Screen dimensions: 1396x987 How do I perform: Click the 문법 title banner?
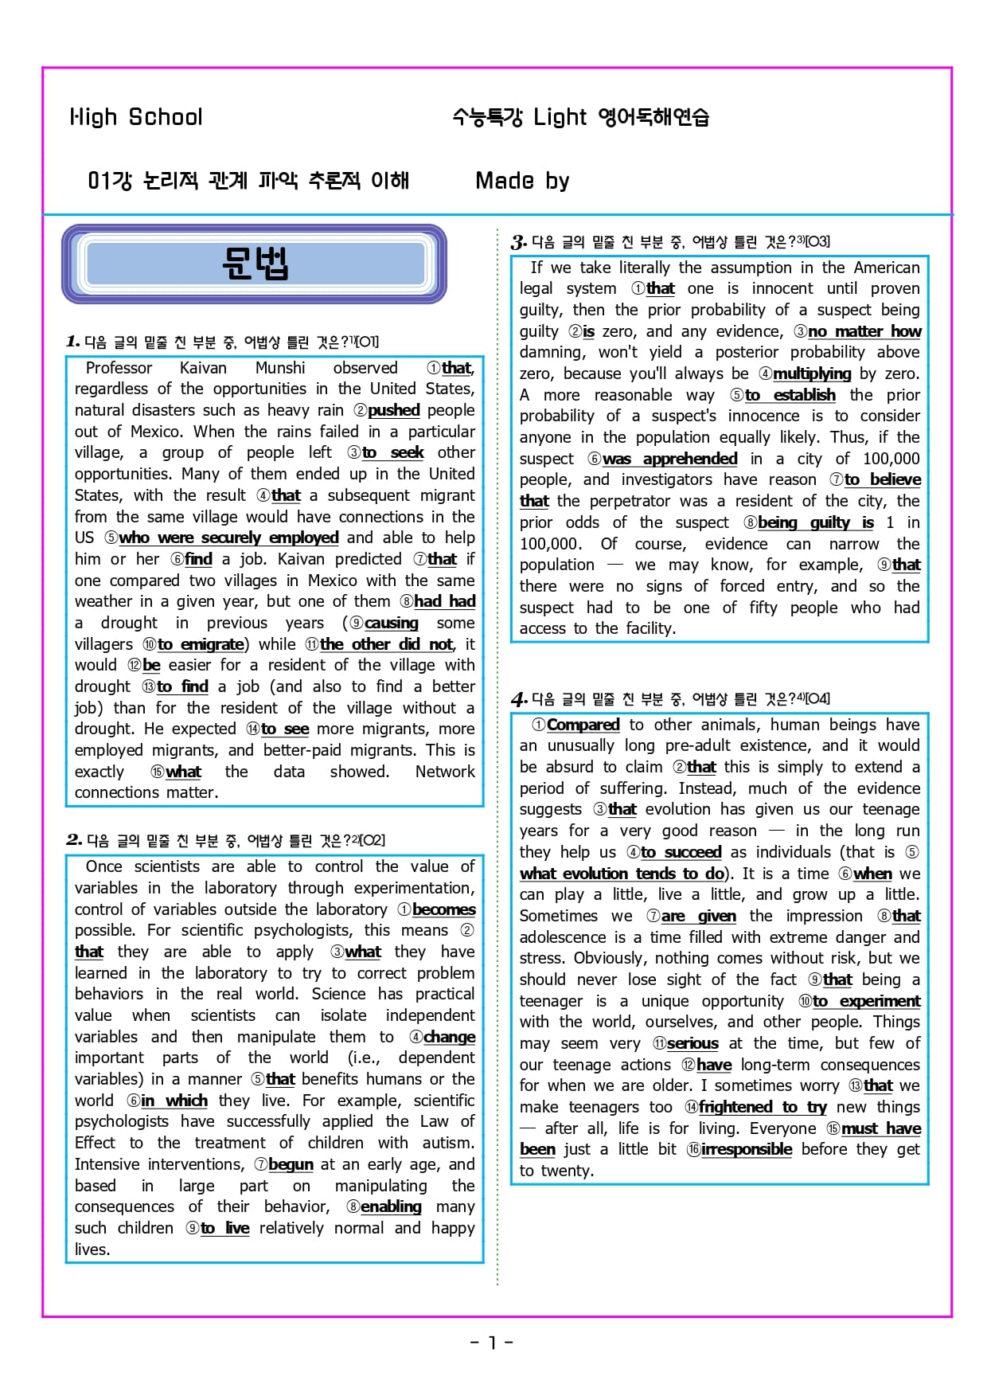[255, 264]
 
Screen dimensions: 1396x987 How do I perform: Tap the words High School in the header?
[136, 117]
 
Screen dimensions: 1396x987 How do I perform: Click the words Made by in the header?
[522, 181]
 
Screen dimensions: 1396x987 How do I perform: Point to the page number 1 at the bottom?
[492, 1343]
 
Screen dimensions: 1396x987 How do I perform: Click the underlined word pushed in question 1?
[393, 410]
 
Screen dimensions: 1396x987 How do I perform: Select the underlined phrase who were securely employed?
[228, 538]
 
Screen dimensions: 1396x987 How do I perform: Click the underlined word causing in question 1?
[391, 623]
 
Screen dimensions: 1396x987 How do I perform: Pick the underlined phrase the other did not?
[387, 643]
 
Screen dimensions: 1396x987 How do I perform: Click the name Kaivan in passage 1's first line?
[203, 368]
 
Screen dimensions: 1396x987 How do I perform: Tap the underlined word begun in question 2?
[291, 1164]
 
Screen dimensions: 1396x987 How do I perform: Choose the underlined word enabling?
[391, 1206]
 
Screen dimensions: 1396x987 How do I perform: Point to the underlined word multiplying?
[811, 373]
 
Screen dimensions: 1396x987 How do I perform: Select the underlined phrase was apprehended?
[669, 459]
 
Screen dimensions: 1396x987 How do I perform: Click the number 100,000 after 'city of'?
[891, 459]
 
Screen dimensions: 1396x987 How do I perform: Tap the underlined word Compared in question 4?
[583, 725]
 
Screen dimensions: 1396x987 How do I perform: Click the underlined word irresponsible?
[746, 1149]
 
